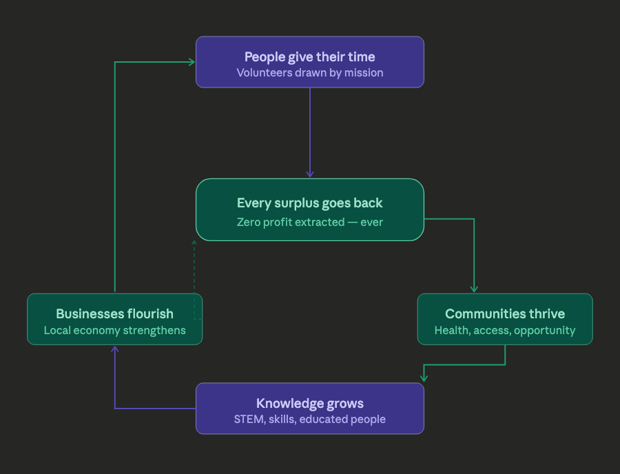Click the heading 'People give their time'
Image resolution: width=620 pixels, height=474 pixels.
tap(309, 56)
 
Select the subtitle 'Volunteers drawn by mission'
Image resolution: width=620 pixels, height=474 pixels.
tap(309, 72)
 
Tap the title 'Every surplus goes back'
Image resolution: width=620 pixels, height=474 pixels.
tap(309, 203)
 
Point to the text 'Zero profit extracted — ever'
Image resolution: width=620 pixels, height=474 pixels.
tap(309, 222)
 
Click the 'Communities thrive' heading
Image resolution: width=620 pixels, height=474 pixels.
tap(505, 314)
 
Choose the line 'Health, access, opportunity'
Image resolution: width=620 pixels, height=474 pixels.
tap(505, 331)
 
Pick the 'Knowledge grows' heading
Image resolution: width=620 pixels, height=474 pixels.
tap(309, 404)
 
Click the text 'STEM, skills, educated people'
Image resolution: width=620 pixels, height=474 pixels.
tap(309, 420)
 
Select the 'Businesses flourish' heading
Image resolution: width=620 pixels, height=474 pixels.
tap(114, 314)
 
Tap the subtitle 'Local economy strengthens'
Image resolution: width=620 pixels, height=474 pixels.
tap(114, 331)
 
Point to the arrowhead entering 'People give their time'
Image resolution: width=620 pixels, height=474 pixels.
tap(192, 62)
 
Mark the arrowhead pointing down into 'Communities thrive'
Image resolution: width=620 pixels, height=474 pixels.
tap(474, 290)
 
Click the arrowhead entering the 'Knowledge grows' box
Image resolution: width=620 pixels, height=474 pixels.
tap(424, 378)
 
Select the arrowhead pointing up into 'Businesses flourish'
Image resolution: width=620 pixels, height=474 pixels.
tap(114, 349)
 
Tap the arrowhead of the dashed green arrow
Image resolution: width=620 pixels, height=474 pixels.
tap(194, 243)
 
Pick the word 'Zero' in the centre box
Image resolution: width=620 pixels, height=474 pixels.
tap(249, 222)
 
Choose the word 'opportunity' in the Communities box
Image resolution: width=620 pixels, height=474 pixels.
tap(545, 331)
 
